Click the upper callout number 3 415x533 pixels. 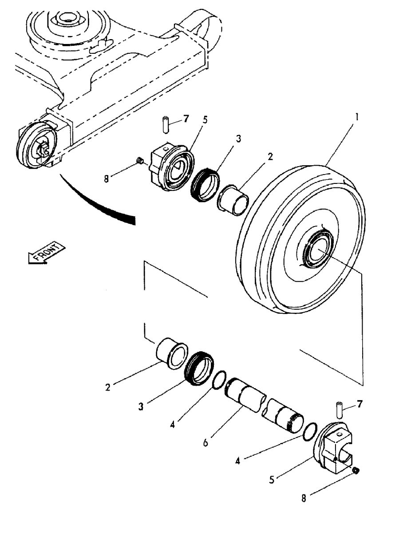click(x=238, y=139)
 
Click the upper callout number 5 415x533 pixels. click(x=206, y=119)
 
